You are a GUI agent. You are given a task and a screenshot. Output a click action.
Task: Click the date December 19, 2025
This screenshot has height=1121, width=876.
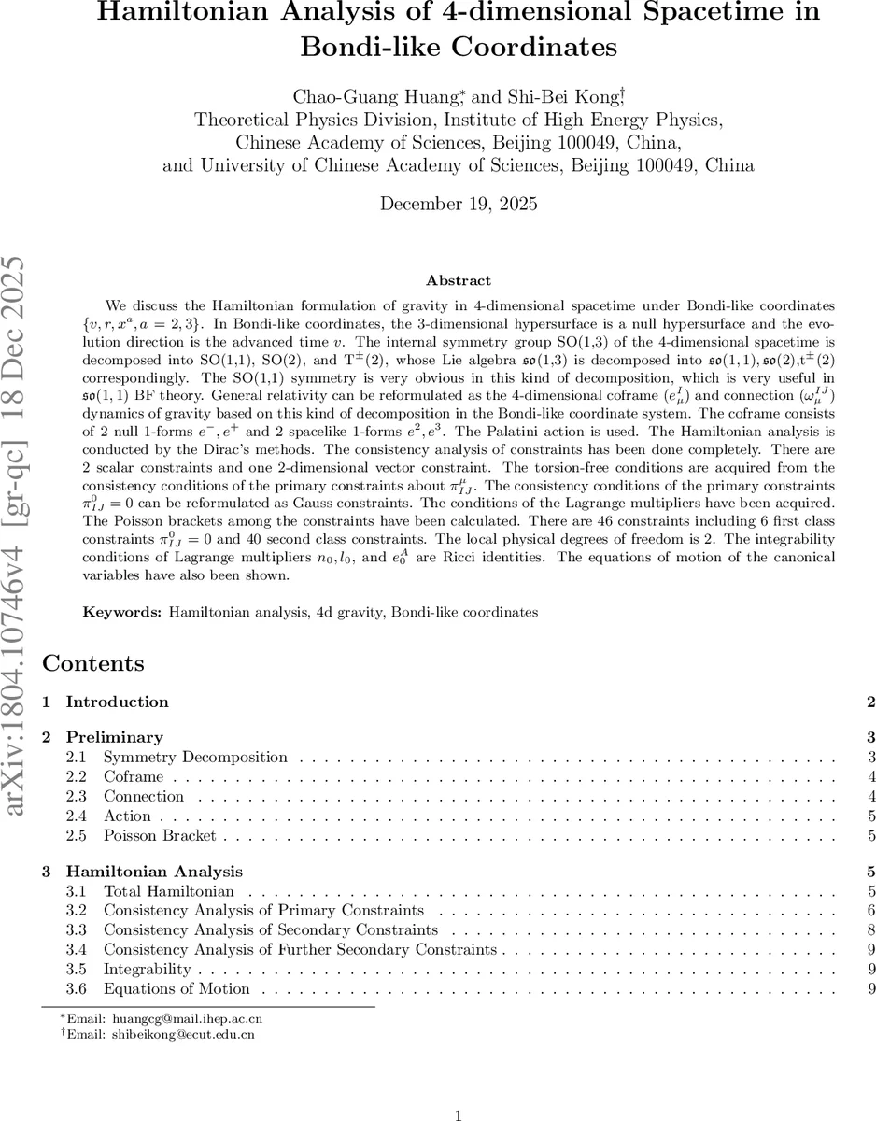(458, 204)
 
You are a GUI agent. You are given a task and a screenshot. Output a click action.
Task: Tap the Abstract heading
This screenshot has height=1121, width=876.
(458, 280)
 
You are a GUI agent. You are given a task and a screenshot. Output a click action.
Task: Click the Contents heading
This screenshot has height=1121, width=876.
(93, 664)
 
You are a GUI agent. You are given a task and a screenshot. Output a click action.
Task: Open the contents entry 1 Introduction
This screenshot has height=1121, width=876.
(117, 702)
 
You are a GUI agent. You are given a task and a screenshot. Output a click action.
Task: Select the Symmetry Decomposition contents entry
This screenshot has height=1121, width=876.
(195, 758)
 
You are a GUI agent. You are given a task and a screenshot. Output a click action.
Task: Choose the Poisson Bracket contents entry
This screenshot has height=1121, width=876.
(160, 836)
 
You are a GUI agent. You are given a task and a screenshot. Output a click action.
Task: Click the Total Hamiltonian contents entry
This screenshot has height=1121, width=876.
(168, 892)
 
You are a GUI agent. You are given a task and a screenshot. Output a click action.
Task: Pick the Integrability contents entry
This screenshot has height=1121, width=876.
(147, 970)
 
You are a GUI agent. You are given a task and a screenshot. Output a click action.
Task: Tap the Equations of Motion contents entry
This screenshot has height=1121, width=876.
(177, 989)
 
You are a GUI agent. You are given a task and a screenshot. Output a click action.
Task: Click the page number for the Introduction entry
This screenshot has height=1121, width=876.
(870, 702)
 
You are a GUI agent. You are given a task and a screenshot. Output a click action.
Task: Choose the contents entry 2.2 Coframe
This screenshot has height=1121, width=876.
(134, 777)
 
